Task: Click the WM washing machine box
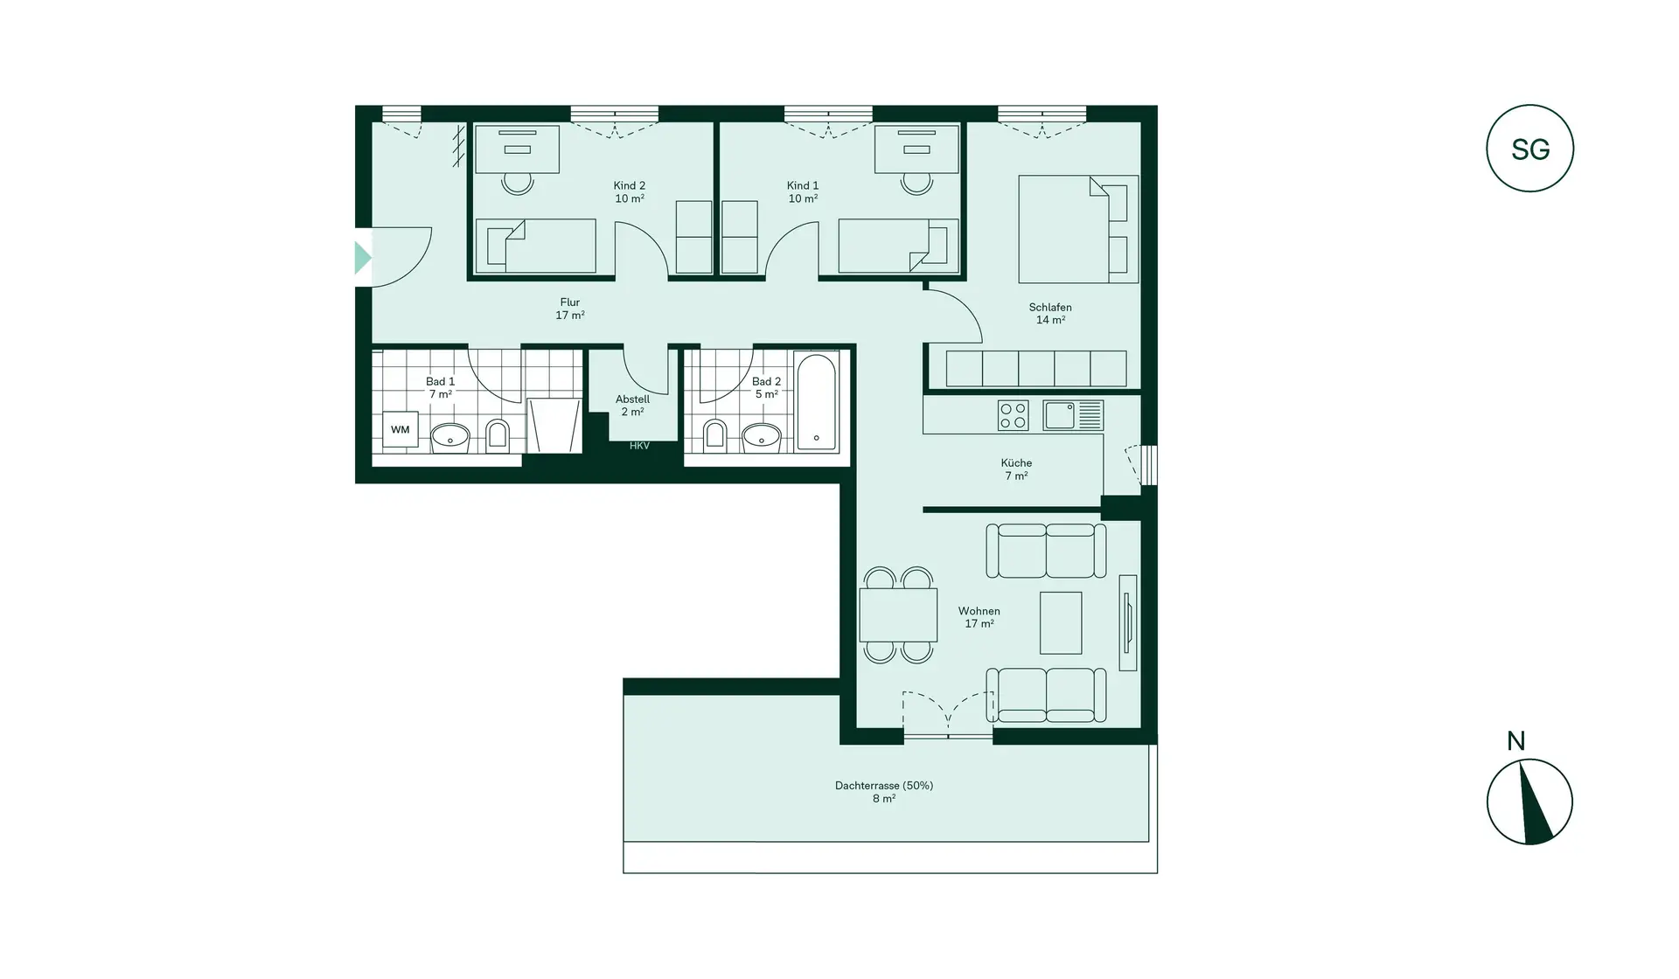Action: coord(400,430)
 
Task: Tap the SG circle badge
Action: coord(1529,149)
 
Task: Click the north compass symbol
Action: coord(1529,802)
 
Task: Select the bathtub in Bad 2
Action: coord(816,402)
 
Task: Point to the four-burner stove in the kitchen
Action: coord(1013,415)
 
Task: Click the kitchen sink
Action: coord(1060,415)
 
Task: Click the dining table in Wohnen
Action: coord(898,614)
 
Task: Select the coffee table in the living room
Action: coord(1061,622)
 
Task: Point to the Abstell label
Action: coord(632,399)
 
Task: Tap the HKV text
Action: coord(639,446)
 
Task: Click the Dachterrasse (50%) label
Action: coord(883,786)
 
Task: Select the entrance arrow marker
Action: coord(362,258)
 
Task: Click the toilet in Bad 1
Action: coord(497,435)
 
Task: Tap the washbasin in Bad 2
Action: coord(761,436)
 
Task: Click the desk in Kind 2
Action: coord(517,149)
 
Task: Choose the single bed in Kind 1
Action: coord(892,246)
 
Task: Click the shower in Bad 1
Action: coord(554,426)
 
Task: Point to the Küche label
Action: coord(1016,463)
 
